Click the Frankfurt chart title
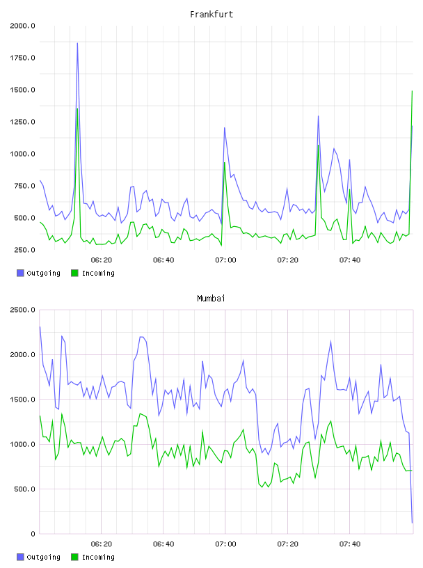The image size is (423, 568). click(x=211, y=15)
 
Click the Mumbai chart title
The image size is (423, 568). click(x=211, y=299)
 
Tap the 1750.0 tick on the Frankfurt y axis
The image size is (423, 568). click(x=22, y=58)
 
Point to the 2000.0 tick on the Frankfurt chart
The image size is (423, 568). click(x=22, y=26)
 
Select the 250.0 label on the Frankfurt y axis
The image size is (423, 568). click(x=24, y=250)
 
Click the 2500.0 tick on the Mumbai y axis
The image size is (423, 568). click(x=22, y=310)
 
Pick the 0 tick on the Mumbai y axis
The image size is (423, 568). click(x=33, y=534)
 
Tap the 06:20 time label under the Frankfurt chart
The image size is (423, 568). click(x=102, y=260)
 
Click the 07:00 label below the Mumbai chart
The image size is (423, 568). click(x=225, y=544)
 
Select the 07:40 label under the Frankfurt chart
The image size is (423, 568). click(x=350, y=260)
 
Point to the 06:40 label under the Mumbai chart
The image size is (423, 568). click(x=163, y=544)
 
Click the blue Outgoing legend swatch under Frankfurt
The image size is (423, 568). click(x=20, y=273)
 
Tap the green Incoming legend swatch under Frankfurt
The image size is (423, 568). click(x=74, y=273)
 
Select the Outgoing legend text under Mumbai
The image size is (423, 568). click(x=43, y=557)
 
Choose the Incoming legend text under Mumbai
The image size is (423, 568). click(x=98, y=557)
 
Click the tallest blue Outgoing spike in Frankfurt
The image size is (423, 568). click(x=77, y=43)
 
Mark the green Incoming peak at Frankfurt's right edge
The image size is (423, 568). click(x=412, y=91)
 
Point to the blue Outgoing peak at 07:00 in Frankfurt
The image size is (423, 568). click(x=225, y=128)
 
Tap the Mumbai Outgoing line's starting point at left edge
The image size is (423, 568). click(x=40, y=326)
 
